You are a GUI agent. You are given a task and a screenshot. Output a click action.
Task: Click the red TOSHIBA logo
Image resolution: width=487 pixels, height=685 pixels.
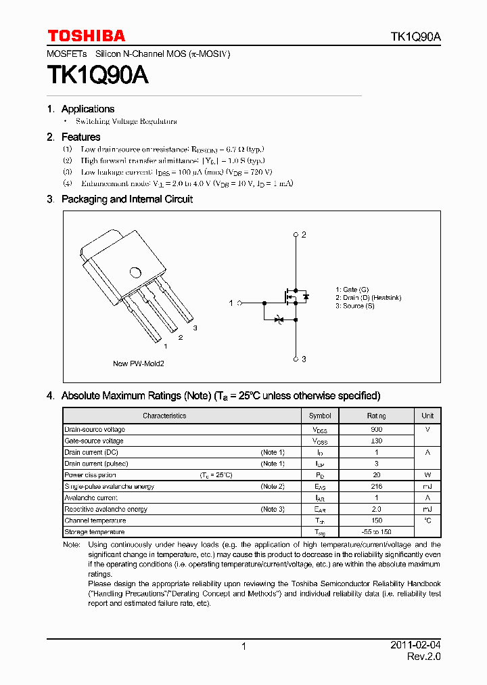pyautogui.click(x=86, y=36)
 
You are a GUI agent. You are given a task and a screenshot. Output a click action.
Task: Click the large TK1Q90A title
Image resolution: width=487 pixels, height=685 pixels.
pyautogui.click(x=97, y=75)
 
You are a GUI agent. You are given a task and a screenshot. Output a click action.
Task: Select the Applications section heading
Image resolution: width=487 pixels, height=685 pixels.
pyautogui.click(x=87, y=109)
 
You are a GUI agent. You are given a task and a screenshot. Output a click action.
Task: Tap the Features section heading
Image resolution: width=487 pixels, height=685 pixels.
pyautogui.click(x=80, y=137)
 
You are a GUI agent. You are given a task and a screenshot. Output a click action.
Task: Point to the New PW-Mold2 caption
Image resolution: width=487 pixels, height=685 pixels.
pyautogui.click(x=138, y=363)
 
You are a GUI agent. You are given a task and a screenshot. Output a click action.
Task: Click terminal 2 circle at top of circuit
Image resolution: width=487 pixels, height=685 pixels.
pyautogui.click(x=296, y=235)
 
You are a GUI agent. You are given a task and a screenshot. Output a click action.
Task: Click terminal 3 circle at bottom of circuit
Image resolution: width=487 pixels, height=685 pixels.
pyautogui.click(x=296, y=359)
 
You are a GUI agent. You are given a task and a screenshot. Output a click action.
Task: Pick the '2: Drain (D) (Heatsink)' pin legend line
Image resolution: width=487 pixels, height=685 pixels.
pyautogui.click(x=368, y=298)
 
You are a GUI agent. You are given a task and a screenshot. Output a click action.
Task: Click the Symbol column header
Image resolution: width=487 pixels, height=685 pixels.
pyautogui.click(x=320, y=416)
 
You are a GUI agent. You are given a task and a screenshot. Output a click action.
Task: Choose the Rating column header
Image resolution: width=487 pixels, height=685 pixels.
pyautogui.click(x=376, y=416)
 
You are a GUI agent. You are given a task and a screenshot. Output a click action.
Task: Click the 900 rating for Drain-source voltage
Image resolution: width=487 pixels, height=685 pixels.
pyautogui.click(x=376, y=430)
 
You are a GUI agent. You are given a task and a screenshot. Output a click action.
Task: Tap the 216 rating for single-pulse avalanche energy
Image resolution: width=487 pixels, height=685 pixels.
pyautogui.click(x=376, y=487)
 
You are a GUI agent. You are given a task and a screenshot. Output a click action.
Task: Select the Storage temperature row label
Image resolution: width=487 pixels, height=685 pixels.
pyautogui.click(x=94, y=532)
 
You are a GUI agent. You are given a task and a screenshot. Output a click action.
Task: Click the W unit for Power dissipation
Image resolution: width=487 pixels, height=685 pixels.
pyautogui.click(x=427, y=475)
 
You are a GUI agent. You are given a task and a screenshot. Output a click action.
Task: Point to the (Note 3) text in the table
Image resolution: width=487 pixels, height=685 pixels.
pyautogui.click(x=273, y=509)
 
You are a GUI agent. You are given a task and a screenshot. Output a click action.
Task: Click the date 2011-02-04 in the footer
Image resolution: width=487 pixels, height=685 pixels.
pyautogui.click(x=415, y=646)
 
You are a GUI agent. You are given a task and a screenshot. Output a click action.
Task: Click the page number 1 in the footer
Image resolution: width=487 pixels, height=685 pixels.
pyautogui.click(x=243, y=647)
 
